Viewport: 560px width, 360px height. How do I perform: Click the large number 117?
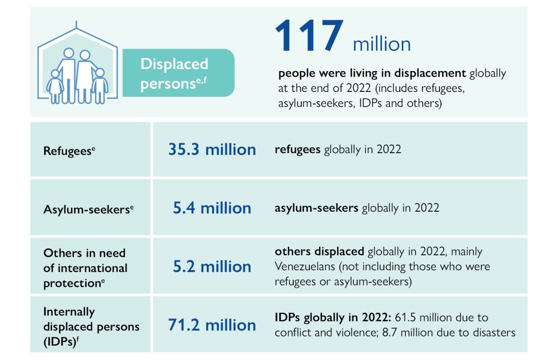pyautogui.click(x=309, y=37)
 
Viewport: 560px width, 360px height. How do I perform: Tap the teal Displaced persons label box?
pyautogui.click(x=178, y=73)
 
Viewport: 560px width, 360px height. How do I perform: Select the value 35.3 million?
pyautogui.click(x=212, y=149)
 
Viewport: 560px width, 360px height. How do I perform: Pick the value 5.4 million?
pyautogui.click(x=212, y=208)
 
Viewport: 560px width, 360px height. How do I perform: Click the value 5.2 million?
pyautogui.click(x=212, y=266)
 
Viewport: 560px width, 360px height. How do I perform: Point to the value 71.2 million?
pyautogui.click(x=212, y=325)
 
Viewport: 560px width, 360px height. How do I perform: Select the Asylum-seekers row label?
pyautogui.click(x=88, y=209)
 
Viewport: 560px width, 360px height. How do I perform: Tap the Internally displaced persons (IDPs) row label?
pyautogui.click(x=91, y=326)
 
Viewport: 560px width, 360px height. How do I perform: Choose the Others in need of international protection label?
pyautogui.click(x=85, y=268)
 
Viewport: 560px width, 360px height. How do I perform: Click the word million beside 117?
pyautogui.click(x=382, y=43)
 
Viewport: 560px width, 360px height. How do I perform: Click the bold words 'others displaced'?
pyautogui.click(x=319, y=252)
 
